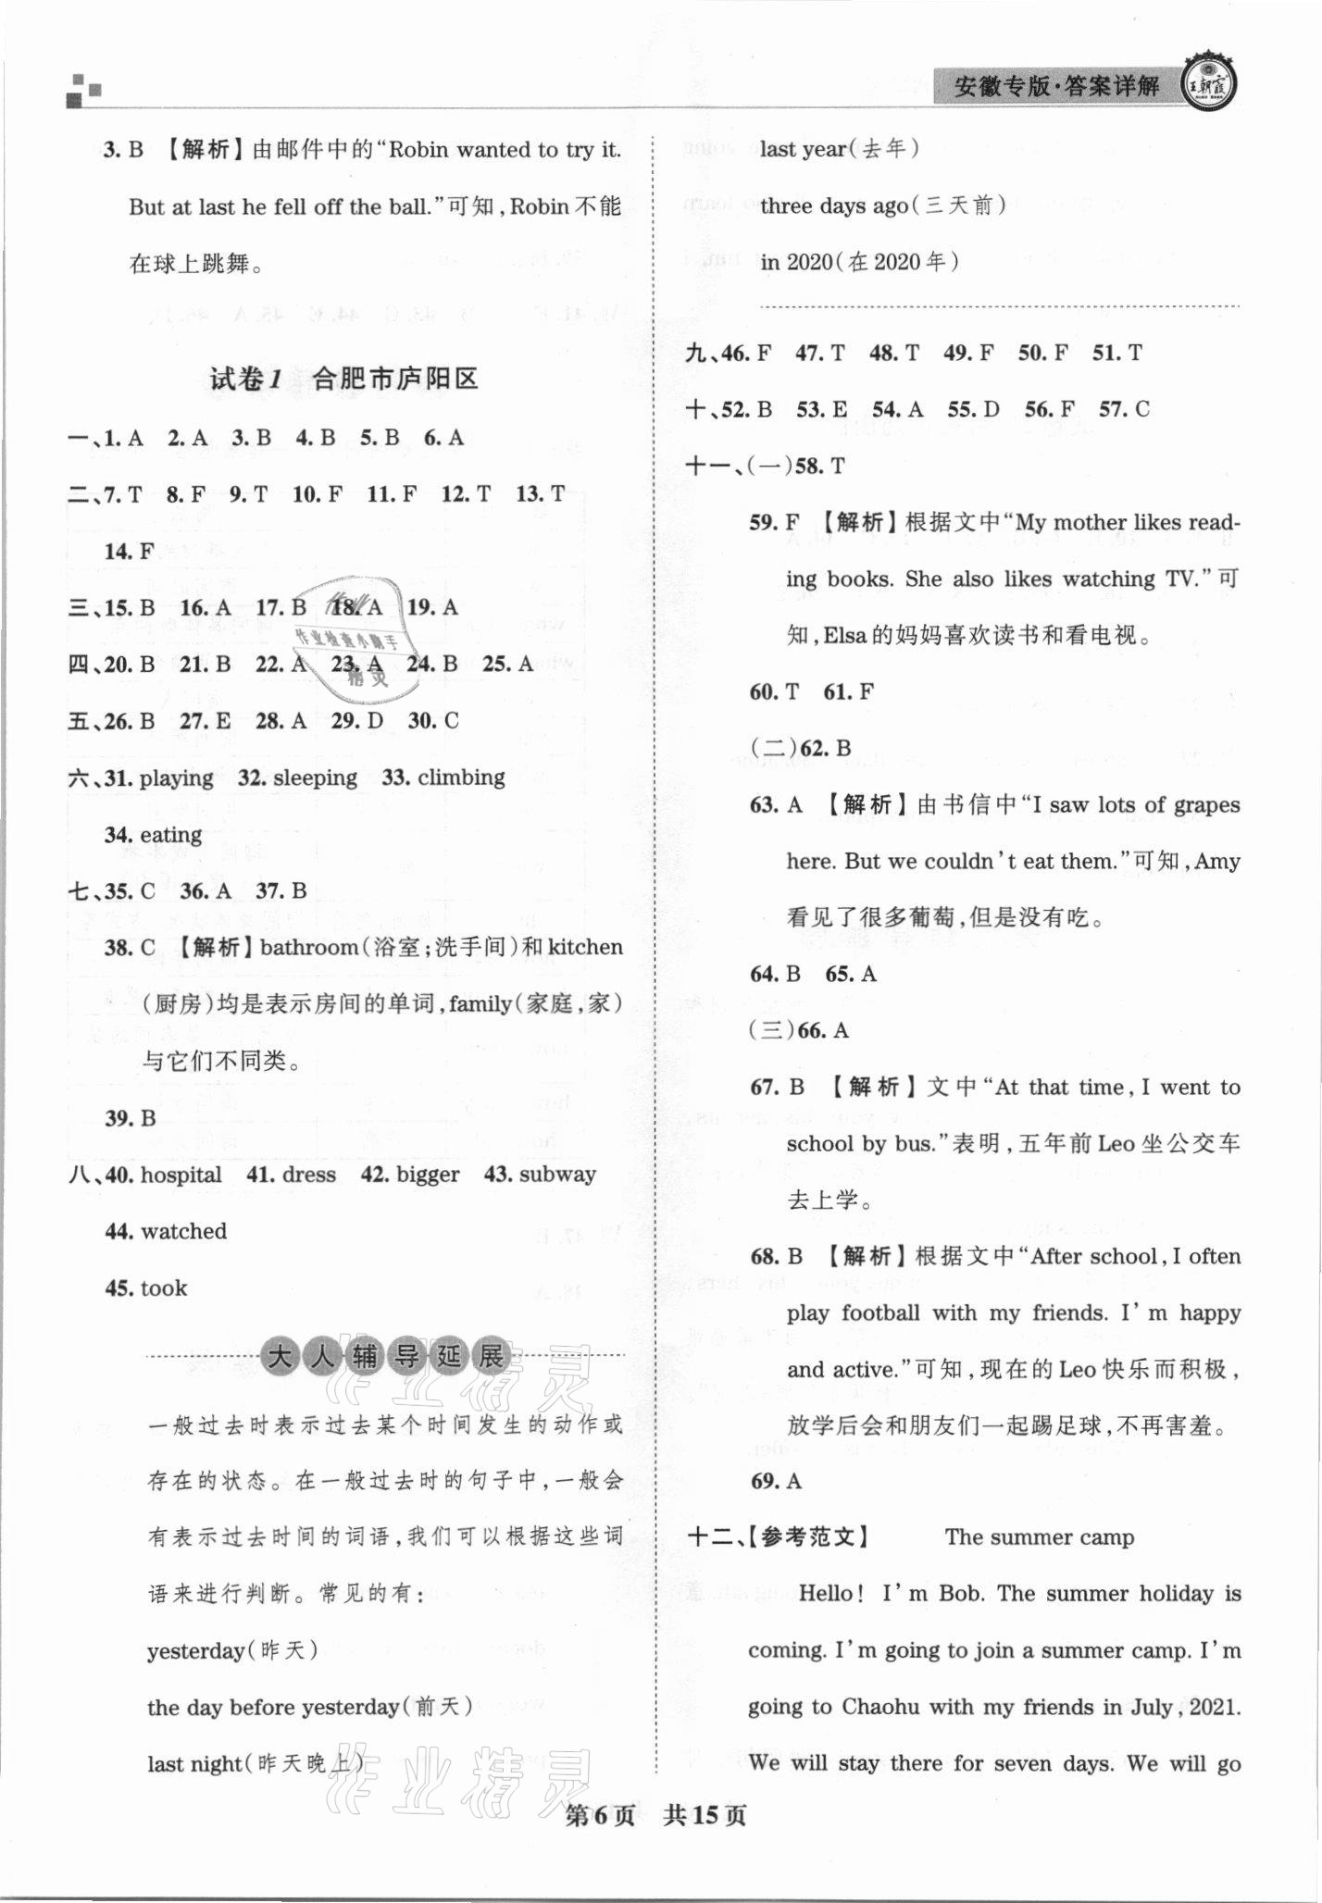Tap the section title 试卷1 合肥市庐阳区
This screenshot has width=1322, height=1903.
click(344, 379)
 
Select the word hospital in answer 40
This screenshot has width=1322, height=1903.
click(181, 1175)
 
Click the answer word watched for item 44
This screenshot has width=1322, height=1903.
click(183, 1231)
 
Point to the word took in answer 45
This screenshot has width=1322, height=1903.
click(164, 1287)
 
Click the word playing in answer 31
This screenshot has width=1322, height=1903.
click(176, 778)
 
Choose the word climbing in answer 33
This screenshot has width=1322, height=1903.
click(461, 777)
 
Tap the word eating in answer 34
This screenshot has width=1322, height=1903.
click(171, 835)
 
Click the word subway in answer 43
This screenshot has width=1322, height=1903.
click(557, 1175)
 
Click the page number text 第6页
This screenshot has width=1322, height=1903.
click(600, 1816)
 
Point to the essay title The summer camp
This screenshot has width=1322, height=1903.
click(1039, 1537)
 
